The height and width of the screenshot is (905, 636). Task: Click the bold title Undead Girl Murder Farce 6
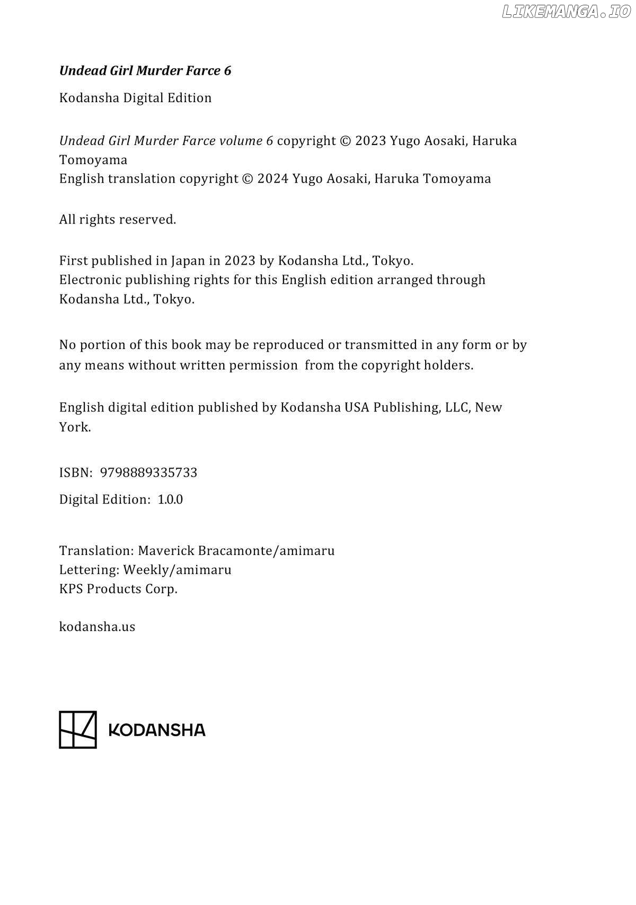click(145, 71)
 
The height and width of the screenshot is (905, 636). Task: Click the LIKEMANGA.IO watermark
click(566, 12)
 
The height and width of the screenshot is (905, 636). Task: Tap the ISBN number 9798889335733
click(148, 472)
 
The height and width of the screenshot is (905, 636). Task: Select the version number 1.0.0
click(170, 499)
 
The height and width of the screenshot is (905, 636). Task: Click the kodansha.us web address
click(97, 626)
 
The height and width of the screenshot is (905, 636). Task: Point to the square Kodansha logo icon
click(78, 729)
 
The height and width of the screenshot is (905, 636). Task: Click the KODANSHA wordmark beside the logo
click(156, 730)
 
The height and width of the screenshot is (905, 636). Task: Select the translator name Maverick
click(166, 551)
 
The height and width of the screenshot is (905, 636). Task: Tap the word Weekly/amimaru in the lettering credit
click(177, 570)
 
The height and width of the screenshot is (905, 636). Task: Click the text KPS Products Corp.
click(118, 589)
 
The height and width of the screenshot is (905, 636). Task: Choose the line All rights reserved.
click(117, 219)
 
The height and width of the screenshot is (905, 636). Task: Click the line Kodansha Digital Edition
click(135, 98)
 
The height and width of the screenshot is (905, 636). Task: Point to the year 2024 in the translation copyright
click(273, 179)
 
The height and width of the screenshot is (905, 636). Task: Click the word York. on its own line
click(75, 427)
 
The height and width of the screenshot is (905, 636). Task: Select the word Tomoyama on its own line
click(93, 160)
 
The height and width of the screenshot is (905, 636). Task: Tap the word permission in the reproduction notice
click(263, 365)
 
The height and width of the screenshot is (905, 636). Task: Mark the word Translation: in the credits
click(96, 551)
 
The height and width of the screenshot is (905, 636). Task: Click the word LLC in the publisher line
click(456, 407)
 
